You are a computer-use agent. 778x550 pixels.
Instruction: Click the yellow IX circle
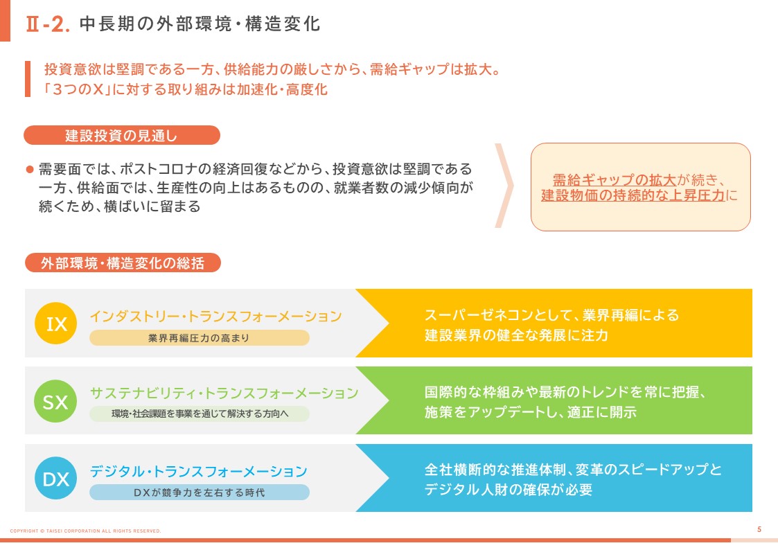pos(56,323)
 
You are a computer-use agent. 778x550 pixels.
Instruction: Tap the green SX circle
pos(55,401)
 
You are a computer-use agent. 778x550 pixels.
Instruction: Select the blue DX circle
pos(56,479)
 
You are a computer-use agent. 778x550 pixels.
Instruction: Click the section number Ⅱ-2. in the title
pos(48,24)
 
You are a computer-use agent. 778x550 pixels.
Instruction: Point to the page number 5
pos(759,530)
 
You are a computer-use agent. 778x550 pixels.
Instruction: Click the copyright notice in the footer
pos(85,531)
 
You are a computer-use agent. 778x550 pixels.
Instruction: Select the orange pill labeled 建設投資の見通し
pos(122,135)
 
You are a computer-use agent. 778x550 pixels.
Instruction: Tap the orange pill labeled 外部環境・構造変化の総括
pos(123,263)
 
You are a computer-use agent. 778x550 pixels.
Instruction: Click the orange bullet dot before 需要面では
pos(30,170)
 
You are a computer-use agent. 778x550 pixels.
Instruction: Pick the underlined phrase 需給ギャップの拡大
pos(615,179)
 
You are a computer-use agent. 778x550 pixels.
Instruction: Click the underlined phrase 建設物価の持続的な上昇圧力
pos(633,195)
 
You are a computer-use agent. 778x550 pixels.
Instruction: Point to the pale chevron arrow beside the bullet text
pos(504,186)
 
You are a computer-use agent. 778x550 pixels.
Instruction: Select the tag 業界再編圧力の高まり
pos(200,338)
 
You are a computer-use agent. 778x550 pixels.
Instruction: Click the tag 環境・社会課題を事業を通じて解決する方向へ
pos(200,414)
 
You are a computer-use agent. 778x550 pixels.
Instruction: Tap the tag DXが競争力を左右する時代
pos(200,492)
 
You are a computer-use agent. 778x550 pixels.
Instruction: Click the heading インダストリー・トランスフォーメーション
pos(216,316)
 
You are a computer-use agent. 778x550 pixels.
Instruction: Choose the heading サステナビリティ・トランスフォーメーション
pos(224,393)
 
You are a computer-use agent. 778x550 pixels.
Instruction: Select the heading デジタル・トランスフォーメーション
pos(198,471)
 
